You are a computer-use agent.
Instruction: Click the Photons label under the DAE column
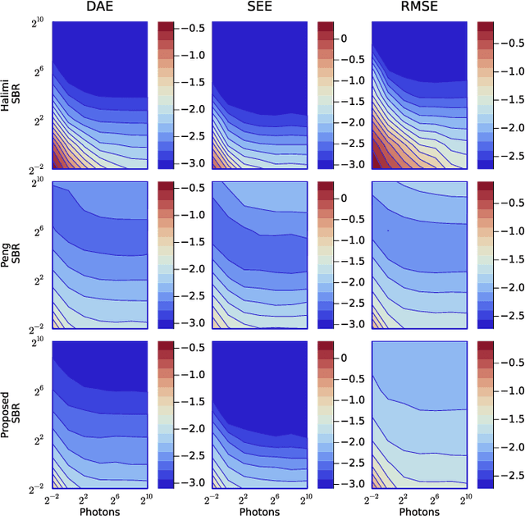coord(100,510)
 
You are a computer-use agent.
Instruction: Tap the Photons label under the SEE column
coord(259,510)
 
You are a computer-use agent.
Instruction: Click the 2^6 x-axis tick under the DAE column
coord(116,497)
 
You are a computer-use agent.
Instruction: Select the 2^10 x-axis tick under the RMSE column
coord(468,497)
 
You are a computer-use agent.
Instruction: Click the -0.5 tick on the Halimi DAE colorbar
coord(194,28)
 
